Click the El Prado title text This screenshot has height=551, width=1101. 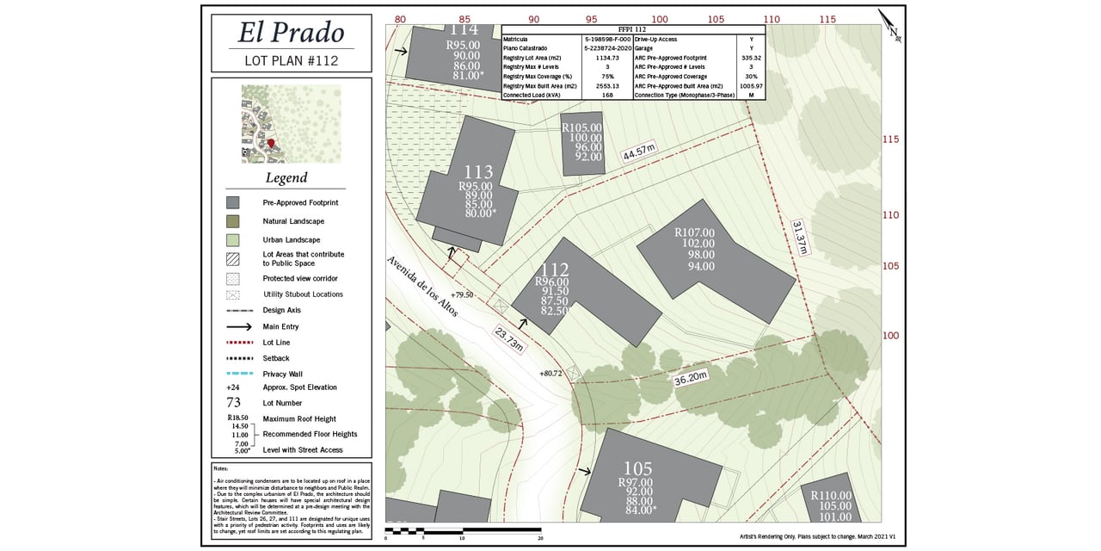(291, 33)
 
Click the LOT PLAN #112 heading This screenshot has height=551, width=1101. (291, 61)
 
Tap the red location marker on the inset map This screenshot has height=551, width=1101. (270, 143)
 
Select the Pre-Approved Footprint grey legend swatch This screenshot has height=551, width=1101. (232, 202)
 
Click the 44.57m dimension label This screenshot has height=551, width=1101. (639, 153)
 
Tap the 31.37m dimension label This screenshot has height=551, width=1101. (800, 237)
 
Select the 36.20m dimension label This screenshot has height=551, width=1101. (690, 377)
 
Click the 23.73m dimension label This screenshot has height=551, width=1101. (508, 338)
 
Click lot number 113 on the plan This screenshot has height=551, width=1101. (478, 172)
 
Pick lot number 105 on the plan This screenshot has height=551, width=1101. (638, 468)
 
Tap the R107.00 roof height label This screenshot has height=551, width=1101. (694, 232)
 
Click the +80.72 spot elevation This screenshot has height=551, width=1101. (550, 373)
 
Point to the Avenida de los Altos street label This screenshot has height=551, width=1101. (421, 287)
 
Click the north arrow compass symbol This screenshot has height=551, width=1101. (889, 26)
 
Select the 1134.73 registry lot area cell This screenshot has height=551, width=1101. (607, 57)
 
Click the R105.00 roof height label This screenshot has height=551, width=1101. (581, 127)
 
